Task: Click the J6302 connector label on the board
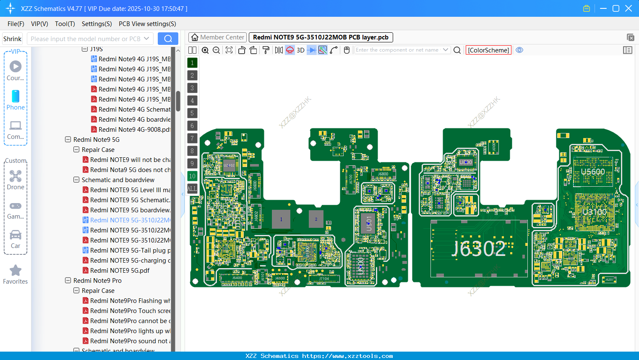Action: pyautogui.click(x=479, y=249)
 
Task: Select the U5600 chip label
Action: pyautogui.click(x=592, y=172)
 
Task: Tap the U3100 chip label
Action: pyautogui.click(x=595, y=212)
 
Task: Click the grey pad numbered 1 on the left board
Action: pyautogui.click(x=281, y=219)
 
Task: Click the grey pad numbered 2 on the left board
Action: pyautogui.click(x=316, y=219)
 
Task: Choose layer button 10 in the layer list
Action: pyautogui.click(x=192, y=176)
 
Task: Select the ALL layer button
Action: pyautogui.click(x=192, y=189)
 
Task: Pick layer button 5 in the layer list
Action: pyautogui.click(x=192, y=113)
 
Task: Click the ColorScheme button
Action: pyautogui.click(x=488, y=50)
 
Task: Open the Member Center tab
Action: pyautogui.click(x=218, y=37)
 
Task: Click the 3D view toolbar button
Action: pyautogui.click(x=300, y=50)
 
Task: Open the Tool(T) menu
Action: pyautogui.click(x=65, y=24)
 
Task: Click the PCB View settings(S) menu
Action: pyautogui.click(x=147, y=24)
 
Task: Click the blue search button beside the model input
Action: pyautogui.click(x=168, y=39)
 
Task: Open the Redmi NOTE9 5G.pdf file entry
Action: pyautogui.click(x=120, y=271)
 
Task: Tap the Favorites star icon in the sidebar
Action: pyautogui.click(x=16, y=271)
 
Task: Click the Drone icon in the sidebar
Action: pyautogui.click(x=16, y=176)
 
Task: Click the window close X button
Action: pyautogui.click(x=629, y=8)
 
